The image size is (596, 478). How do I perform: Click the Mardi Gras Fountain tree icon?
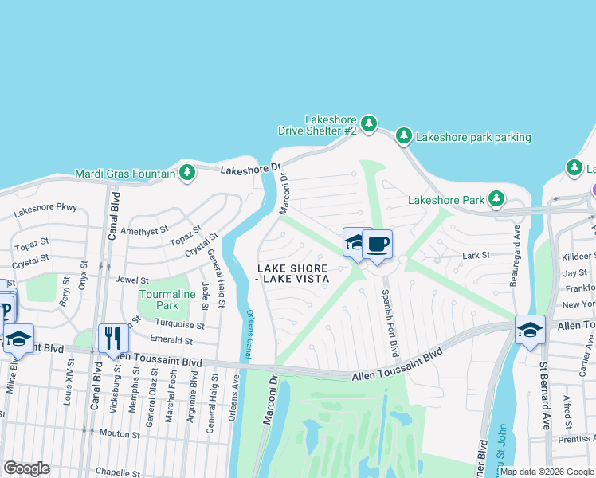click(187, 173)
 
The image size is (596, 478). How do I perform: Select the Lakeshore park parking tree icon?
click(404, 136)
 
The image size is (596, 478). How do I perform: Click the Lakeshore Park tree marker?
click(496, 198)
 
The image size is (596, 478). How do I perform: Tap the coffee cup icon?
click(377, 244)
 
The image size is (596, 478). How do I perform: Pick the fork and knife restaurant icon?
click(113, 338)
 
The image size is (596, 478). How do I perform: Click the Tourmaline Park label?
click(159, 299)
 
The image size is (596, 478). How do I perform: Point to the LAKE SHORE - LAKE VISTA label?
click(292, 272)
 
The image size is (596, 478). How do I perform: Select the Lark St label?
click(476, 256)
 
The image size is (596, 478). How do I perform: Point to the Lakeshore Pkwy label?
click(45, 208)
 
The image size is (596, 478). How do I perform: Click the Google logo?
click(26, 468)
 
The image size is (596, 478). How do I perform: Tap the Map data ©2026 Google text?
click(547, 472)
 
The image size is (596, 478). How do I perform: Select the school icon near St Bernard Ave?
click(530, 330)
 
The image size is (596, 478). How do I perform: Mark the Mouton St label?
click(120, 434)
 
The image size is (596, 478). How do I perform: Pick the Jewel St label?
click(131, 280)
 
